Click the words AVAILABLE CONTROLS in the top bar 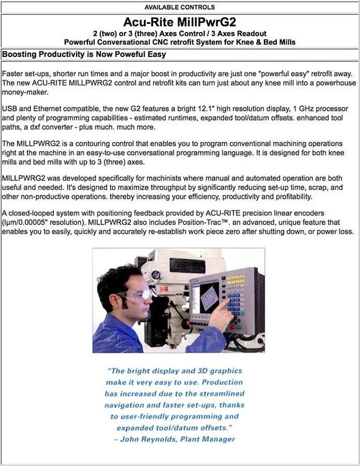[179, 7]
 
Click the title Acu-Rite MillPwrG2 [179, 23]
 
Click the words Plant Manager [212, 439]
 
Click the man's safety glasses [138, 295]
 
